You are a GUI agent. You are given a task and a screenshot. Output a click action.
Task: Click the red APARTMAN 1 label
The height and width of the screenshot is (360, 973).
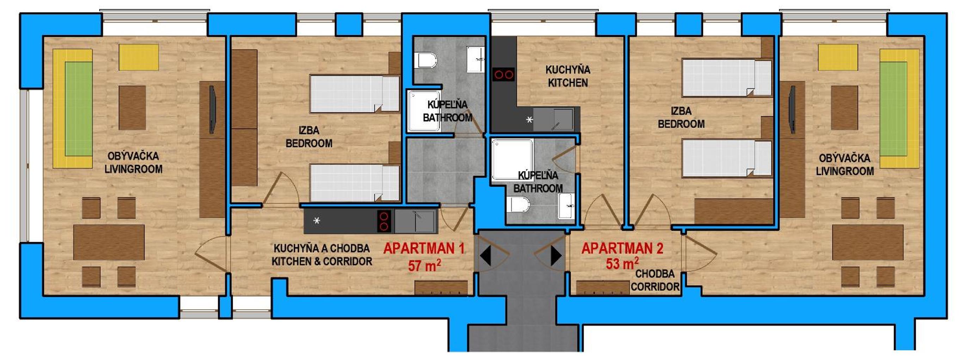pyautogui.click(x=424, y=249)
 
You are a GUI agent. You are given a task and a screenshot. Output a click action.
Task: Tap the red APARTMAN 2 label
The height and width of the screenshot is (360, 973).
pyautogui.click(x=622, y=249)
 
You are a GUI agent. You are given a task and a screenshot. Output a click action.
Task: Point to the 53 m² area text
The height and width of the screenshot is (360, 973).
pyautogui.click(x=623, y=263)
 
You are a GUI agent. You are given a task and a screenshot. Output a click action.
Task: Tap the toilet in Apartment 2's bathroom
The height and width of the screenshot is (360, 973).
pyautogui.click(x=518, y=205)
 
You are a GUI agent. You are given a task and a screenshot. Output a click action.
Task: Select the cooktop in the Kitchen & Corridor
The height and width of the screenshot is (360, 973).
pyautogui.click(x=384, y=221)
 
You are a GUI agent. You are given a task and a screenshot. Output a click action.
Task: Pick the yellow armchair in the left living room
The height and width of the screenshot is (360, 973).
pyautogui.click(x=139, y=57)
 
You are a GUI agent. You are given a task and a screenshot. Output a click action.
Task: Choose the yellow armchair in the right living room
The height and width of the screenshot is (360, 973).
pyautogui.click(x=838, y=57)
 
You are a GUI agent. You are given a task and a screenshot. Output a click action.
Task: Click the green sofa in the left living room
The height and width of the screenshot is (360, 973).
pyautogui.click(x=79, y=109)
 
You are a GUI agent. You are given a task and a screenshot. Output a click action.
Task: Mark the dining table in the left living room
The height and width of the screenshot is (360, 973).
pyautogui.click(x=109, y=242)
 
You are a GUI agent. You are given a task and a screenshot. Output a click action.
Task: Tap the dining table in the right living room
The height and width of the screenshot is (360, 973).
pyautogui.click(x=868, y=242)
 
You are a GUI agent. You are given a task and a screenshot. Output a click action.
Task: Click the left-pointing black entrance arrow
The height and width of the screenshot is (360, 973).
pyautogui.click(x=485, y=255)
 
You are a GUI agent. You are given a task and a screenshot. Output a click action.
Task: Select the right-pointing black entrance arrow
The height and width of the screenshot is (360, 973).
pyautogui.click(x=556, y=255)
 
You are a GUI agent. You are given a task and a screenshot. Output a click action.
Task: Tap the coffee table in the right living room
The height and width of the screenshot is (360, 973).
pyautogui.click(x=844, y=108)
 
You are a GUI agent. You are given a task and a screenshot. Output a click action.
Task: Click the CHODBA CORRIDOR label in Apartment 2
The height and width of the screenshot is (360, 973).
pyautogui.click(x=655, y=280)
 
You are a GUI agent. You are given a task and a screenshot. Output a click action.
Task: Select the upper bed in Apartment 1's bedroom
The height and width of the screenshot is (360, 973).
pyautogui.click(x=354, y=94)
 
